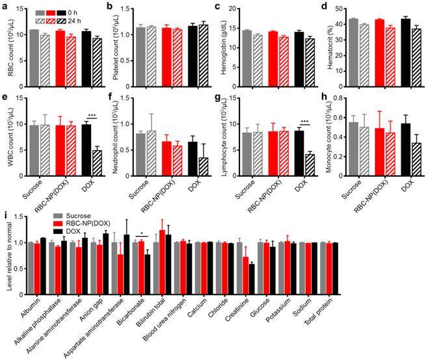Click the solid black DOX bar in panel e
(x=85, y=144)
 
